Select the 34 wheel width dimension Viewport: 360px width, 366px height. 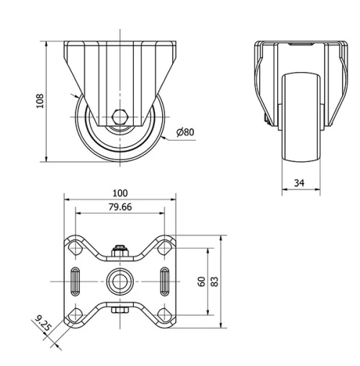point(297,183)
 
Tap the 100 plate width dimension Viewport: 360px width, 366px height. point(120,192)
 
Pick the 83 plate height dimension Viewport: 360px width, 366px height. point(215,280)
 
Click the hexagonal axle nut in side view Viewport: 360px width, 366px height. point(120,116)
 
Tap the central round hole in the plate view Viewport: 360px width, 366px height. point(120,280)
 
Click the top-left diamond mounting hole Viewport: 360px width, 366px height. point(75,246)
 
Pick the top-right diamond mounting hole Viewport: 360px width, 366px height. point(165,246)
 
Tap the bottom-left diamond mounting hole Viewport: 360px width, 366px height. point(75,313)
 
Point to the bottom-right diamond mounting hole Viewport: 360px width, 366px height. point(165,313)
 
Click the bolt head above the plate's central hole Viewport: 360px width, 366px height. point(120,253)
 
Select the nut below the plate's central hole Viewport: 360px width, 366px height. point(120,310)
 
